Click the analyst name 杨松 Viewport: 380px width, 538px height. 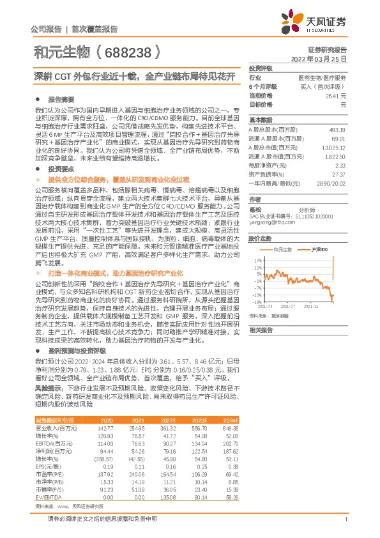click(x=255, y=209)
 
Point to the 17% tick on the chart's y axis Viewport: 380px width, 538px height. click(x=257, y=261)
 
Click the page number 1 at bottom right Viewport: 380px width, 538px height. click(x=345, y=520)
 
